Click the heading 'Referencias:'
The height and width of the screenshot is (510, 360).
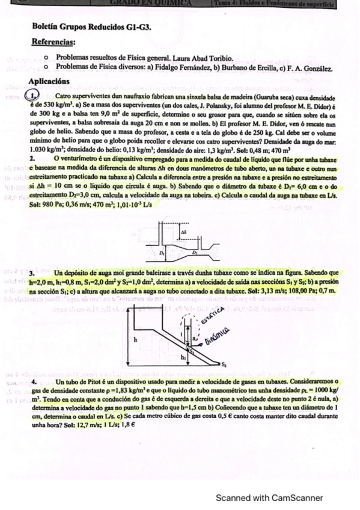pos(56,42)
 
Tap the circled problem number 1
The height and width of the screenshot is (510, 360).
pos(32,97)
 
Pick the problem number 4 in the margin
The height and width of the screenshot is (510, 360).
pos(35,382)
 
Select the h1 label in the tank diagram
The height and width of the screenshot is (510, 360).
pos(183,357)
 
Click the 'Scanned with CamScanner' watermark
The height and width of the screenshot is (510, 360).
pos(270,498)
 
